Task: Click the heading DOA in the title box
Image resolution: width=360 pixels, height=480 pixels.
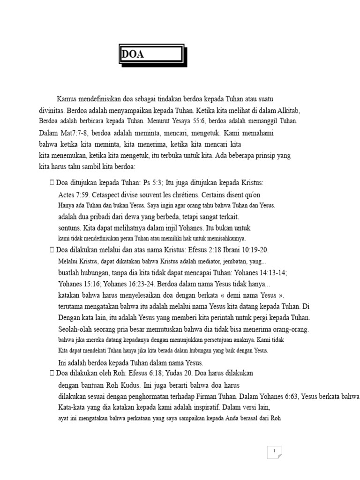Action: [x=133, y=54]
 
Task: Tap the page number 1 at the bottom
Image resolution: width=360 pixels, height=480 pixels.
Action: [x=274, y=451]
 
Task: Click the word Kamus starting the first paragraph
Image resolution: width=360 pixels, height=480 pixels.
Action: [x=67, y=99]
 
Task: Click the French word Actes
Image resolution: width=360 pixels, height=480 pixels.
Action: [x=67, y=194]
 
